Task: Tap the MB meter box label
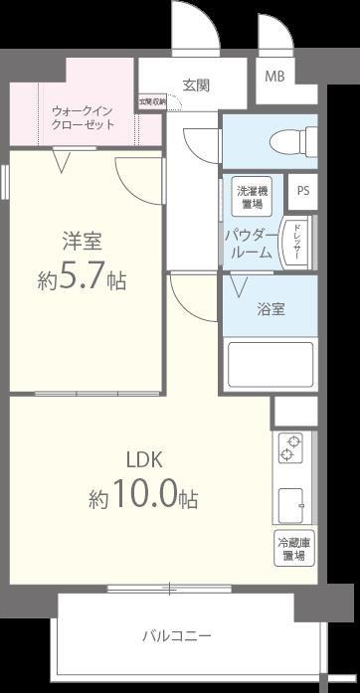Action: pos(272,77)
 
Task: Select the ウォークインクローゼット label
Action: pos(84,117)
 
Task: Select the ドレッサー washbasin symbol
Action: pos(296,243)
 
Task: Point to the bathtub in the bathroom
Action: pos(270,364)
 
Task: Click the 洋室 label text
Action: pos(85,240)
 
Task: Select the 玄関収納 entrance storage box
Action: pos(150,100)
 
